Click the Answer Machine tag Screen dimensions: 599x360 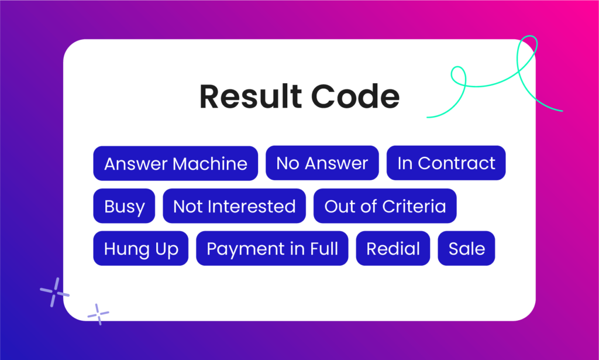(x=175, y=163)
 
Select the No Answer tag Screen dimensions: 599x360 (x=322, y=163)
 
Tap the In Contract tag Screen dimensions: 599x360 (x=446, y=163)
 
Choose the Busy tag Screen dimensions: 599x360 (x=124, y=206)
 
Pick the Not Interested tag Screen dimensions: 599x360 (x=234, y=206)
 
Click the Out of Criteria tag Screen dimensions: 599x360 (x=385, y=206)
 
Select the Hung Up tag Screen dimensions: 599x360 (x=140, y=248)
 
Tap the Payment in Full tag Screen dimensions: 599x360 (x=272, y=248)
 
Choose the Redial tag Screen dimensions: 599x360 (x=393, y=248)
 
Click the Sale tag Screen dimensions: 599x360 (x=466, y=248)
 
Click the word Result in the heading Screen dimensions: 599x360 (x=250, y=97)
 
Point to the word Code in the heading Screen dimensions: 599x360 (x=355, y=97)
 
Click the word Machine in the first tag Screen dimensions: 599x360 (x=210, y=163)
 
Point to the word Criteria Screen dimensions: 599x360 (x=414, y=207)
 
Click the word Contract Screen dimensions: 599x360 (x=456, y=163)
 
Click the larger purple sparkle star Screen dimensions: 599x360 (x=54, y=292)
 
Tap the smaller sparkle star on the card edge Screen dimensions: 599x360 (x=98, y=314)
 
